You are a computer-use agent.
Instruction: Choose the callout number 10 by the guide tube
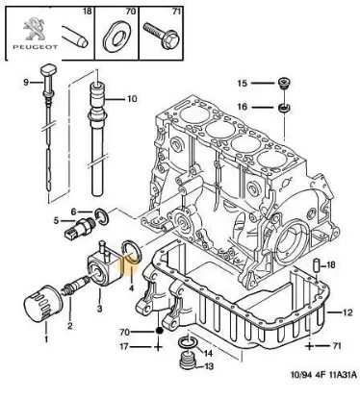(132, 98)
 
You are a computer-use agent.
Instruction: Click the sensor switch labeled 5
(78, 235)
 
